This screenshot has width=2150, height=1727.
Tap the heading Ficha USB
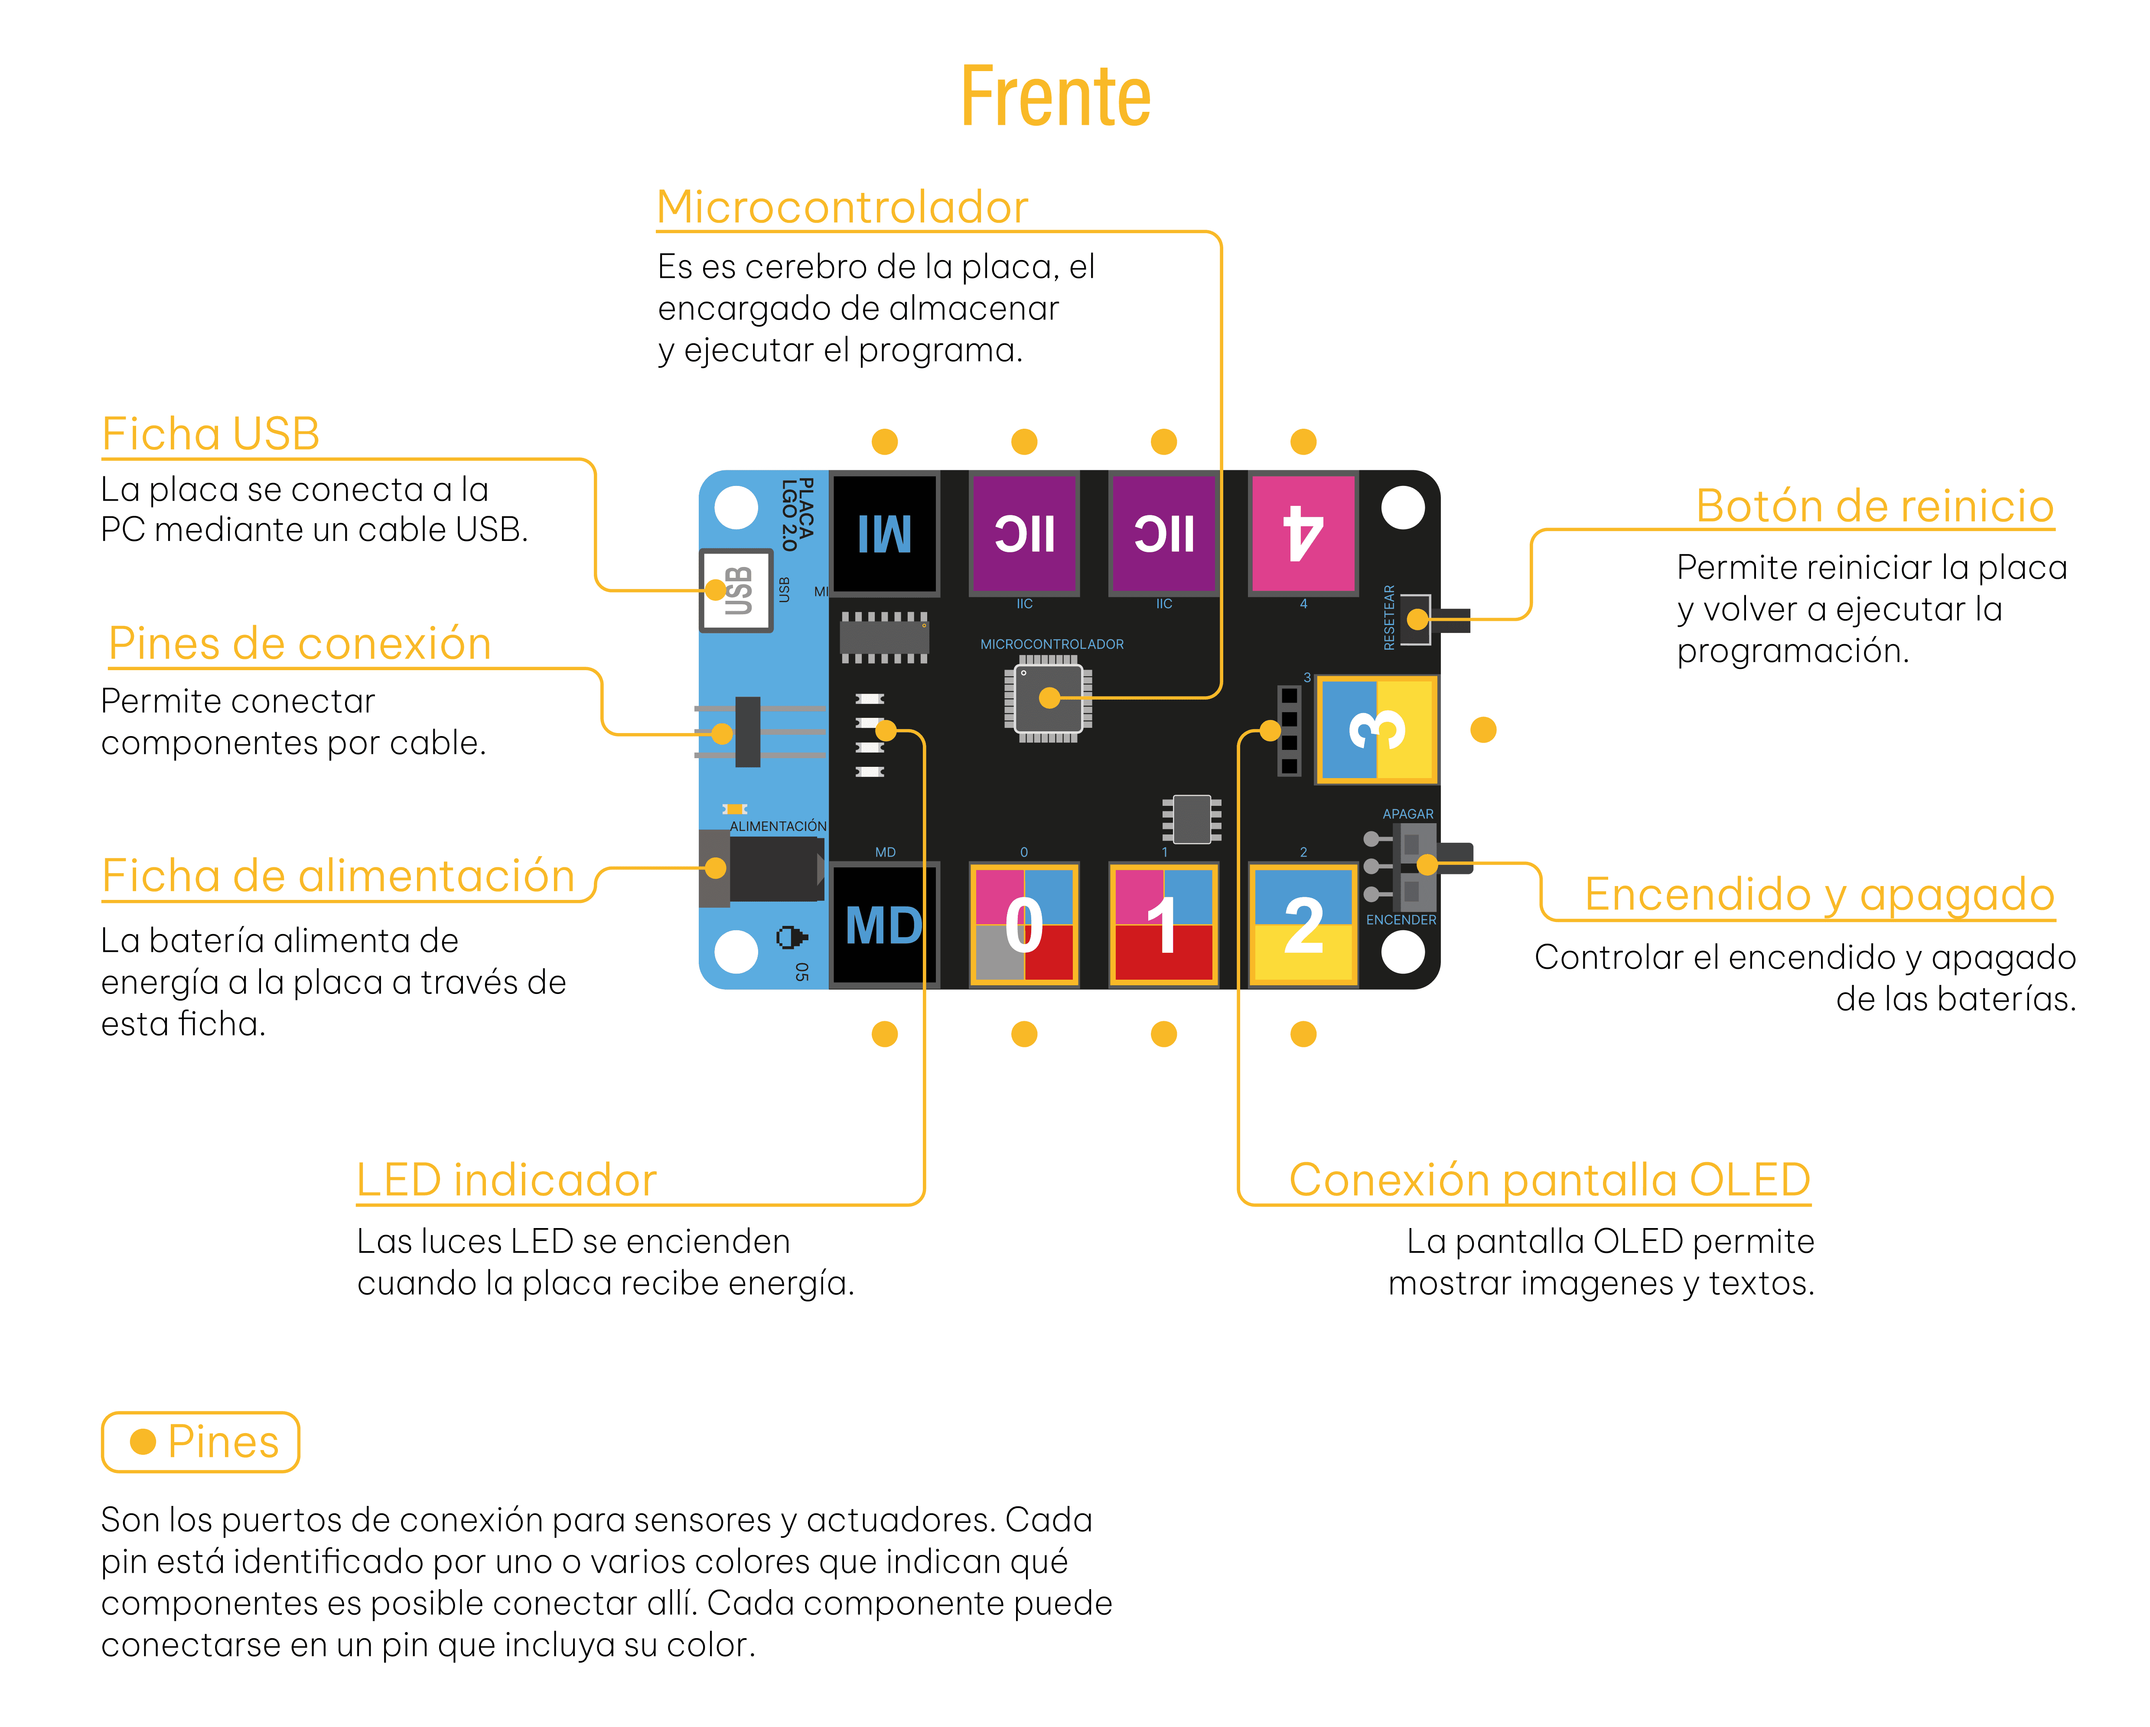pos(210,434)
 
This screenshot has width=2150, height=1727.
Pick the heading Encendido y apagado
pos(1820,894)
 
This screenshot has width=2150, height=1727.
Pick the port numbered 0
pos(1024,924)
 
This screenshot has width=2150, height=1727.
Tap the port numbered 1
pos(1164,924)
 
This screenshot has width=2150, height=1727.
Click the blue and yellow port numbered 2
pos(1303,924)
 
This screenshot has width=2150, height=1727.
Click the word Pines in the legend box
pos(223,1442)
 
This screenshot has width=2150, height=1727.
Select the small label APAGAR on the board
pos(1407,814)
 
